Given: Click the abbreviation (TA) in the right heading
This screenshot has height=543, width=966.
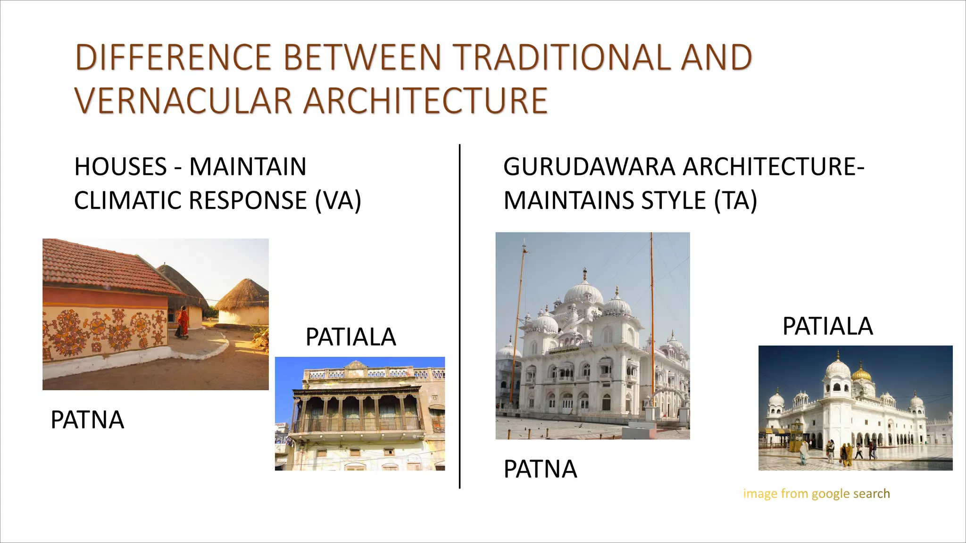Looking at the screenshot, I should [735, 200].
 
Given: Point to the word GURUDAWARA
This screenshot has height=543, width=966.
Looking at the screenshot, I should [590, 167].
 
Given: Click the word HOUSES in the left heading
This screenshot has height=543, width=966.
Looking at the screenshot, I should [121, 167].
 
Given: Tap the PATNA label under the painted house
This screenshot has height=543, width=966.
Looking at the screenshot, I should [87, 420].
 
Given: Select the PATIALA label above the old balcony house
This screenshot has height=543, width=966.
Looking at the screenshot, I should [350, 337].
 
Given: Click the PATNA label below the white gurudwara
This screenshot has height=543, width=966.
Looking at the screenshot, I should [540, 469].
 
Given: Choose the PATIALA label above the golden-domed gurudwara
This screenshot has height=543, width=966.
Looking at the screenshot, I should [827, 326].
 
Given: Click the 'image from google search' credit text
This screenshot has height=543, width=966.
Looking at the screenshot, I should [816, 494].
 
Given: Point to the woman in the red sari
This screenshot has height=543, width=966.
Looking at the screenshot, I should [182, 322].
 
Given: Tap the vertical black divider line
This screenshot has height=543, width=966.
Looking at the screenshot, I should [459, 316].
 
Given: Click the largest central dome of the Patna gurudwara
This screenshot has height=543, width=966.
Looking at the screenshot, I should [584, 292].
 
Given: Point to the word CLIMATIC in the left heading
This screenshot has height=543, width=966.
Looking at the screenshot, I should [127, 200].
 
